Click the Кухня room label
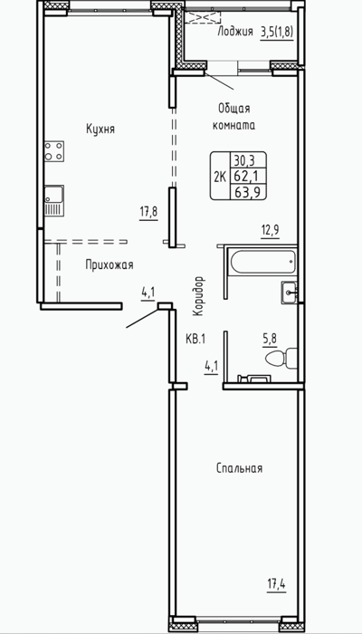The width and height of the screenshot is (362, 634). click(x=100, y=129)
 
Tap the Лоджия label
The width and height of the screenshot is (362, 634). click(x=235, y=32)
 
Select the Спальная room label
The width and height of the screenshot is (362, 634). click(x=240, y=468)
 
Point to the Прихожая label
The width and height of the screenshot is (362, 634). click(x=110, y=265)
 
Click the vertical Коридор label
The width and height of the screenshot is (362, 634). click(x=197, y=296)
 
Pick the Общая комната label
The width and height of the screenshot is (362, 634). click(x=233, y=117)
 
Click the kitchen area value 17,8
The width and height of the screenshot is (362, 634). click(x=148, y=212)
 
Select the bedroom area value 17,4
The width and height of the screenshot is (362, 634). click(x=276, y=585)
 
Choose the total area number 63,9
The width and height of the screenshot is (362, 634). click(x=248, y=192)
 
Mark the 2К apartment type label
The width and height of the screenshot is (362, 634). click(x=220, y=177)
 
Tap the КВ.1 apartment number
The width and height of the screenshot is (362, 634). click(x=195, y=340)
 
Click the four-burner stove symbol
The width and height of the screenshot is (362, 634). click(x=54, y=150)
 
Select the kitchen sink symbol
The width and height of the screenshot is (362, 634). click(x=54, y=200)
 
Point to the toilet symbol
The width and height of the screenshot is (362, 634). click(x=281, y=359)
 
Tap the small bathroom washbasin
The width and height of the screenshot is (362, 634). click(x=290, y=291)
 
